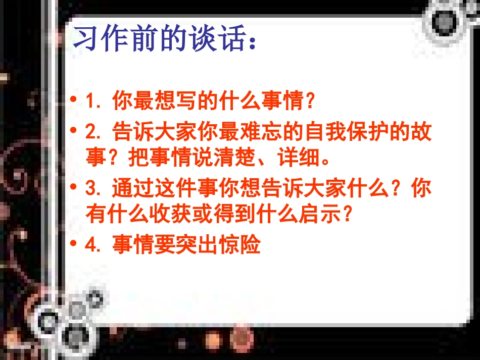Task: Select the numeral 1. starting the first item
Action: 95,101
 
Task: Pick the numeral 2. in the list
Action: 95,132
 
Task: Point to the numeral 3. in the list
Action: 95,189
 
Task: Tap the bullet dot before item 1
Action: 75,100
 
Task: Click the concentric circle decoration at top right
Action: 446,21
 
